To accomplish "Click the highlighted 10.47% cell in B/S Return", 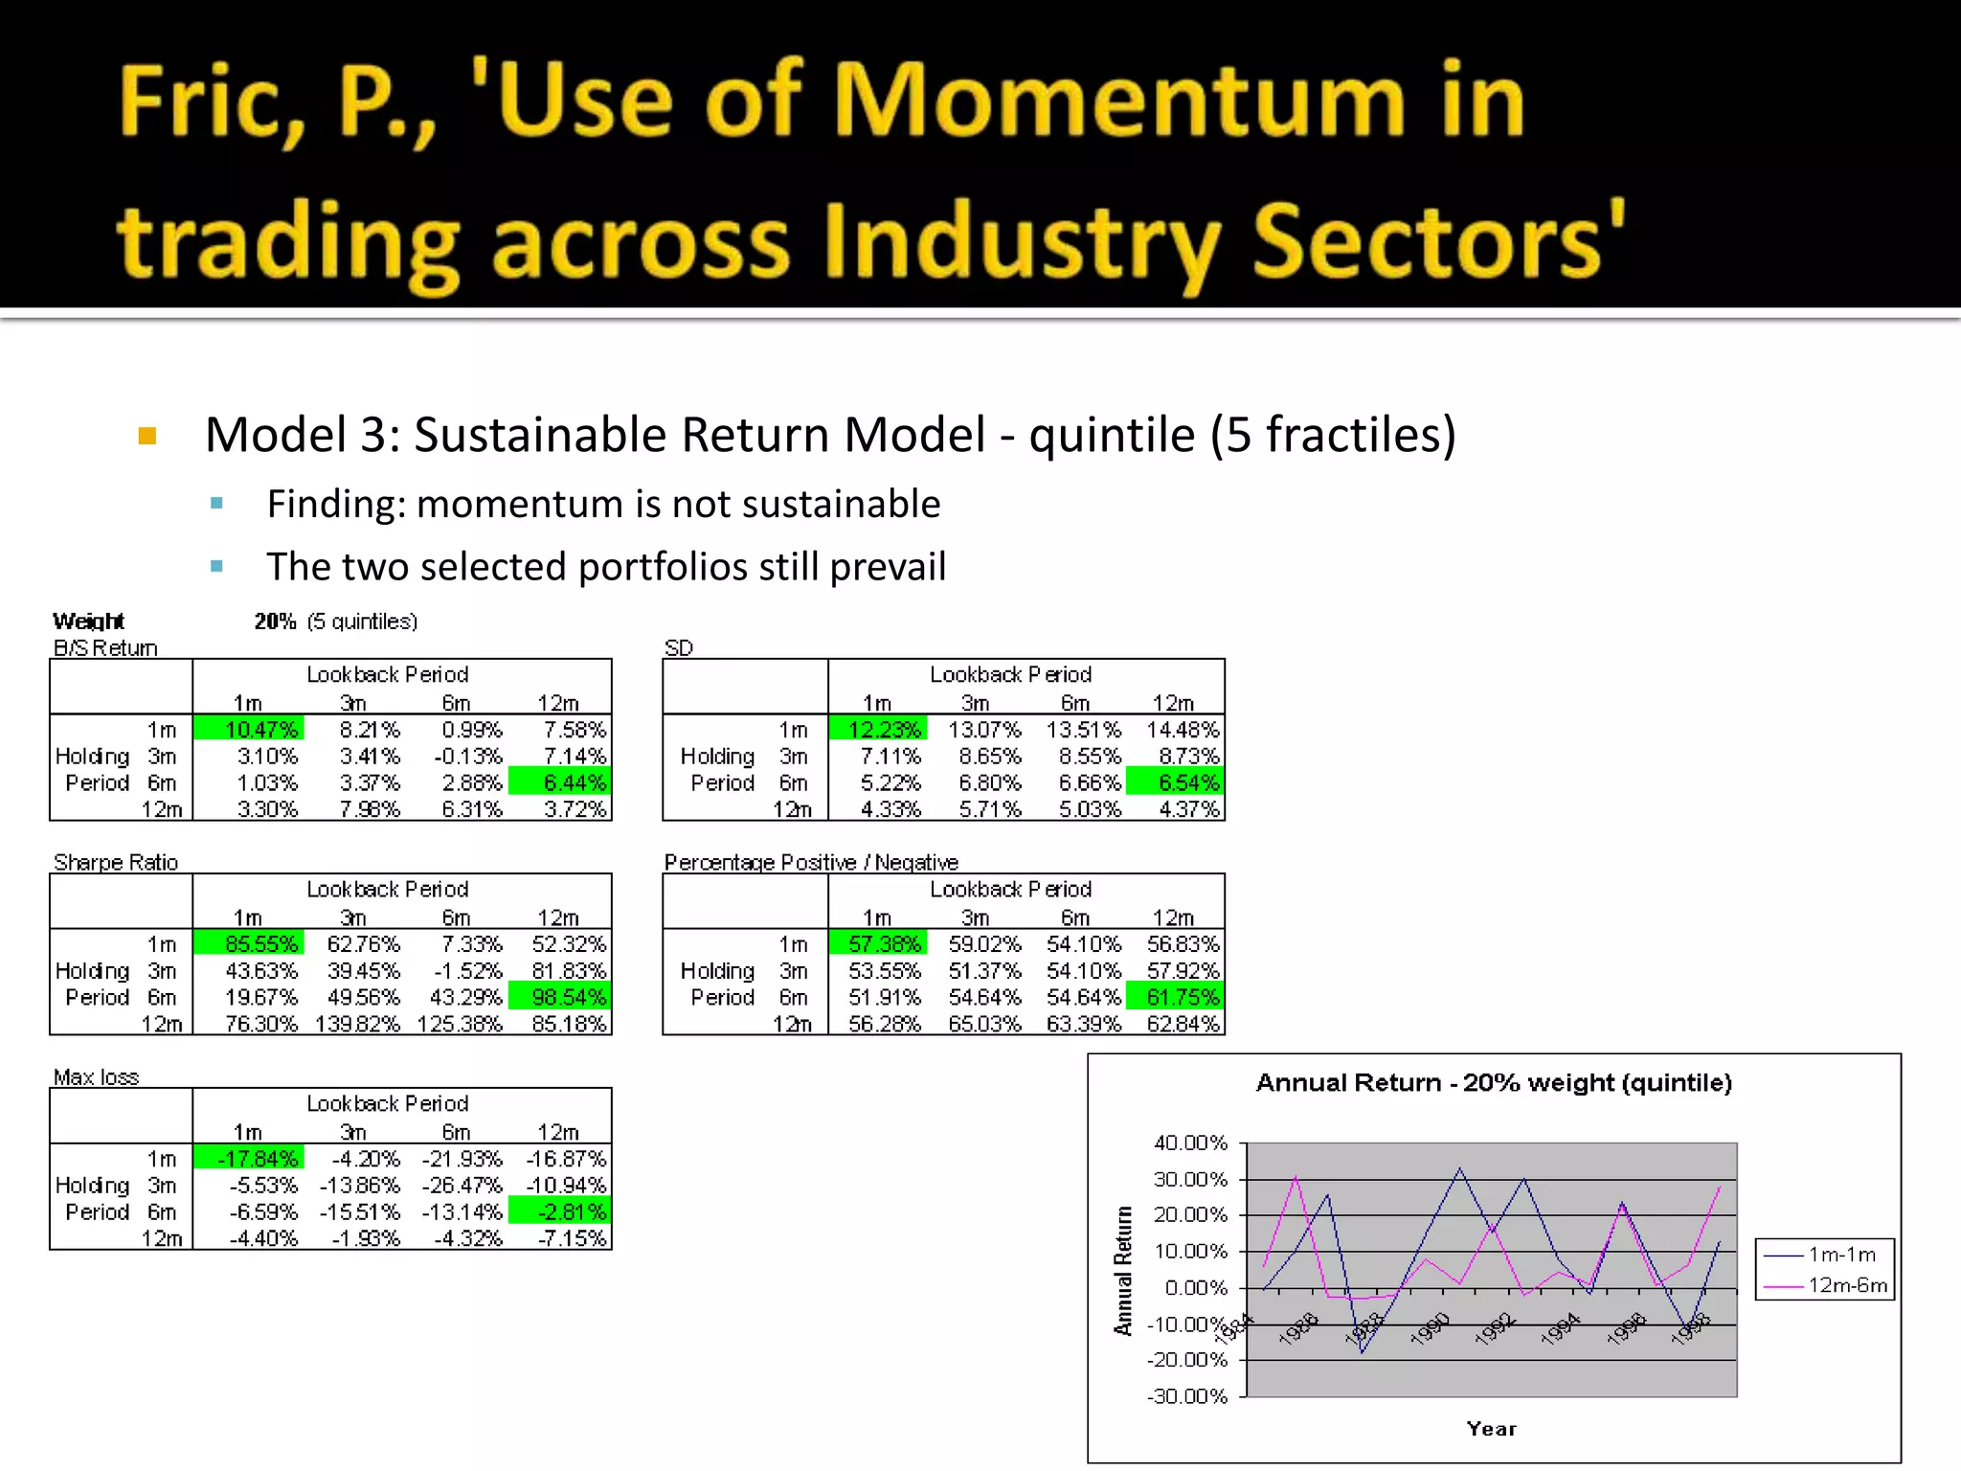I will pos(249,730).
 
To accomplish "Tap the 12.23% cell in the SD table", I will pos(878,730).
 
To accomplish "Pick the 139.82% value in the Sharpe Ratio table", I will pos(357,1024).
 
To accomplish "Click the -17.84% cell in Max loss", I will pos(249,1159).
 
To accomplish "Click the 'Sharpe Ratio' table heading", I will pos(116,862).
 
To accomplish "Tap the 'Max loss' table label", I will pos(96,1076).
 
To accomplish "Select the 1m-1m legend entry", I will pos(1824,1255).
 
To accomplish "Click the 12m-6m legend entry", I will pos(1824,1285).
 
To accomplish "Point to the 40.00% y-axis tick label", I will pos(1190,1143).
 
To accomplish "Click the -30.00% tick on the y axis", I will pos(1187,1396).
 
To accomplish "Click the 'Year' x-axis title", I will pos(1492,1429).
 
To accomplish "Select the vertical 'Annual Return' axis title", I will pos(1123,1271).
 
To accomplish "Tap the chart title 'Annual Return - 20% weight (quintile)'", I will pos(1494,1083).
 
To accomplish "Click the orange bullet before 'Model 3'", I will pos(147,437).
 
